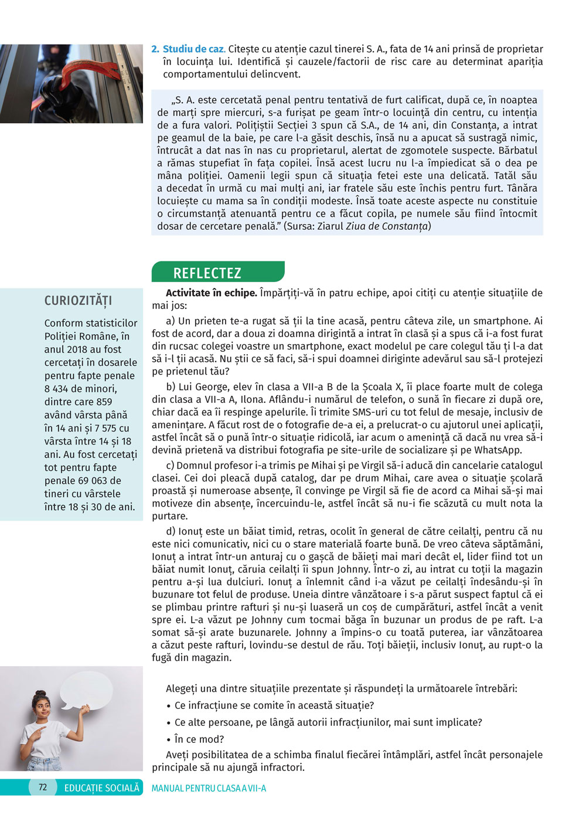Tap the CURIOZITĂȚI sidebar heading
(78, 301)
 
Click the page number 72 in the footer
(43, 787)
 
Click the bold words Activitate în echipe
(211, 293)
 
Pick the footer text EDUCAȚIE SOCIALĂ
(102, 788)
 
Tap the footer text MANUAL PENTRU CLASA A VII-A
(209, 789)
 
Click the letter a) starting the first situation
(171, 321)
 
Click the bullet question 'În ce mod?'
(199, 739)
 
